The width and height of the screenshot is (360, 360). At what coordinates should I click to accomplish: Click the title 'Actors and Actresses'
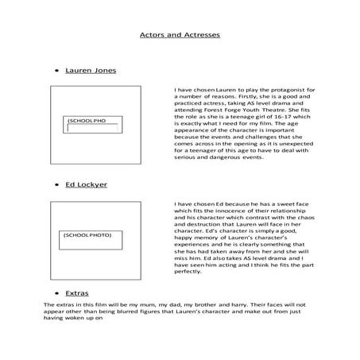coord(180,36)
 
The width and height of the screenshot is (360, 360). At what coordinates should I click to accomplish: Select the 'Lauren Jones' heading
coord(90,70)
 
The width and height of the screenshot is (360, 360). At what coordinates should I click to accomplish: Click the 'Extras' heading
coord(76,293)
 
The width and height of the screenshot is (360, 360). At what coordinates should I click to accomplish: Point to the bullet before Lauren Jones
coord(56,71)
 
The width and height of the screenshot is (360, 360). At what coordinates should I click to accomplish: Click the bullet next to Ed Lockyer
coord(56,184)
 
